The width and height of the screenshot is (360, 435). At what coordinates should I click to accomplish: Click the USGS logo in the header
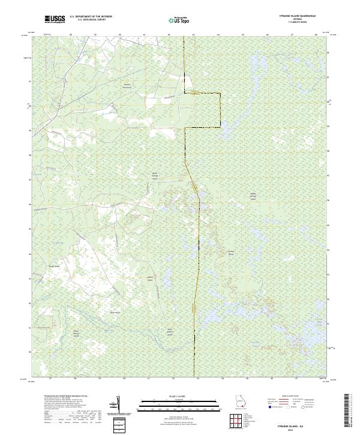[55, 19]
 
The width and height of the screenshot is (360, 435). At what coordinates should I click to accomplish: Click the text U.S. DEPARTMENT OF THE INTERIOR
[91, 16]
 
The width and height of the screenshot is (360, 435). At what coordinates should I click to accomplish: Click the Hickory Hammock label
[127, 86]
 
